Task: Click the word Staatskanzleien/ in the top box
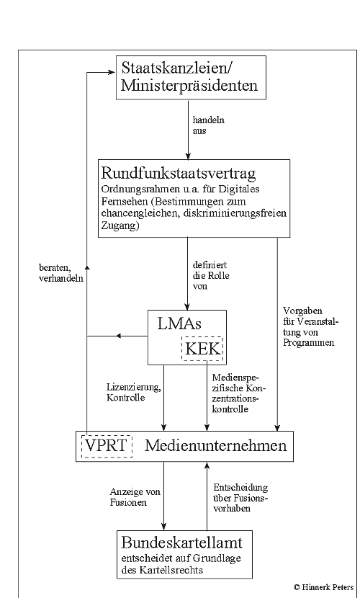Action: [177, 68]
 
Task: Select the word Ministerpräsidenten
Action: [189, 85]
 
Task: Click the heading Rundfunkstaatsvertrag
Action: [179, 173]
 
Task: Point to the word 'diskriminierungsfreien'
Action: [235, 213]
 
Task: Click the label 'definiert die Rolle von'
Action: [211, 275]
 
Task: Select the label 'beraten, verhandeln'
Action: [61, 272]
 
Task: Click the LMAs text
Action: [179, 323]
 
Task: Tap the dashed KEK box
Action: [202, 348]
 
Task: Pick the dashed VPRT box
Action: [107, 446]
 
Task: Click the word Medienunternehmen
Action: [215, 445]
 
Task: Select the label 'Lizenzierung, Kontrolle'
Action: [134, 393]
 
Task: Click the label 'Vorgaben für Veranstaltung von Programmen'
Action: [310, 327]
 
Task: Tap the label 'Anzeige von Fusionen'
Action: [135, 497]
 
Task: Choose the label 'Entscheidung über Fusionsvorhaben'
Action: [240, 498]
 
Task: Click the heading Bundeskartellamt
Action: [181, 543]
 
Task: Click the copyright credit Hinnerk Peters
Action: [324, 587]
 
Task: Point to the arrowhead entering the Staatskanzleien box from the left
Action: [112, 72]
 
